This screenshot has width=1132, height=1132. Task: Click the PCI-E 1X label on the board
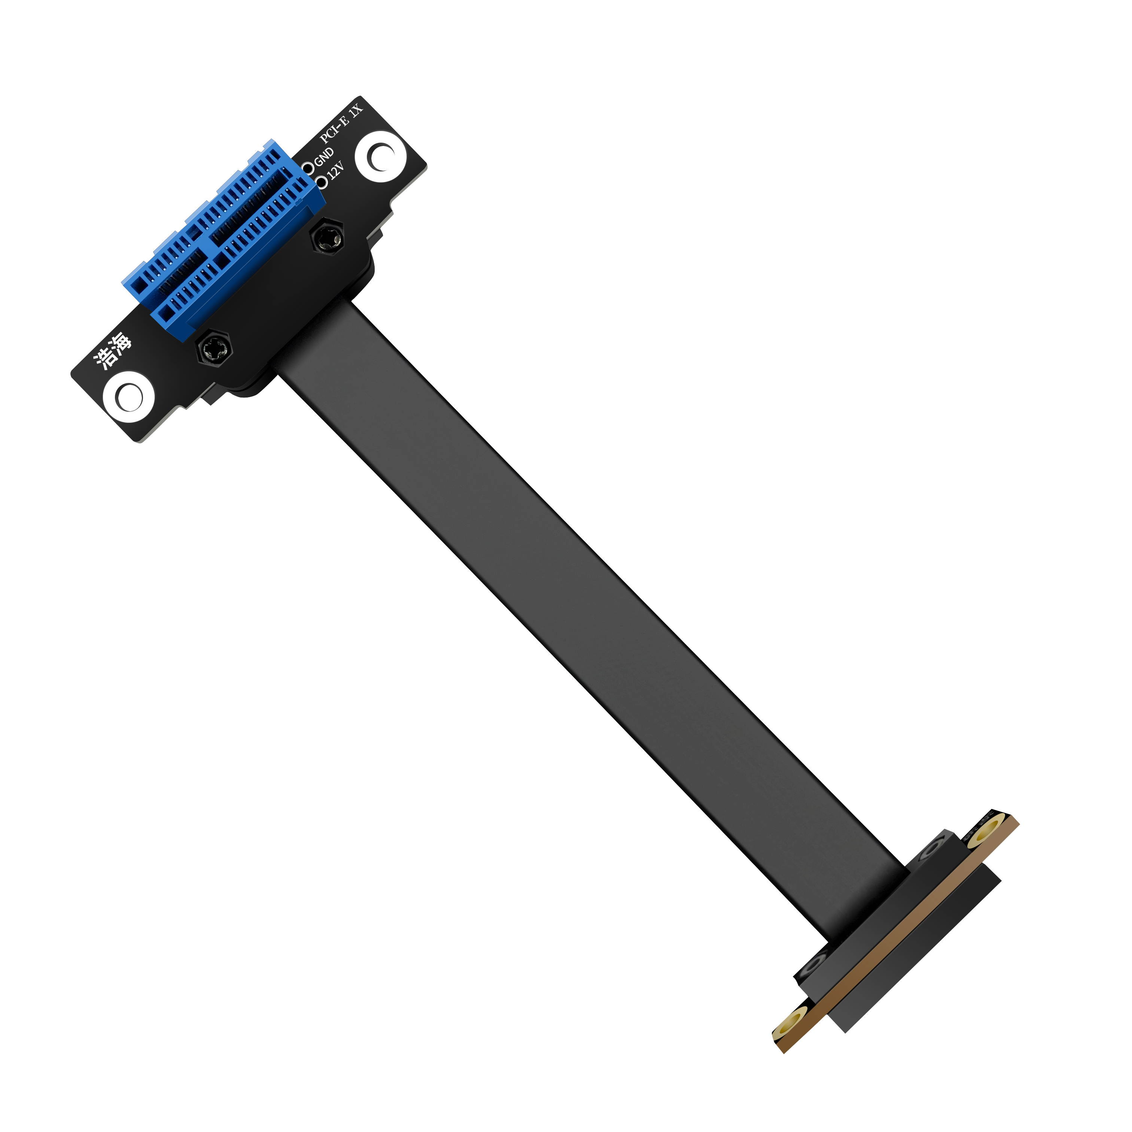coord(342,122)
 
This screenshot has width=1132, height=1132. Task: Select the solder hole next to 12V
coord(321,182)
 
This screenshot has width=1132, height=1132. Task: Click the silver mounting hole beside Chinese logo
coord(128,397)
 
